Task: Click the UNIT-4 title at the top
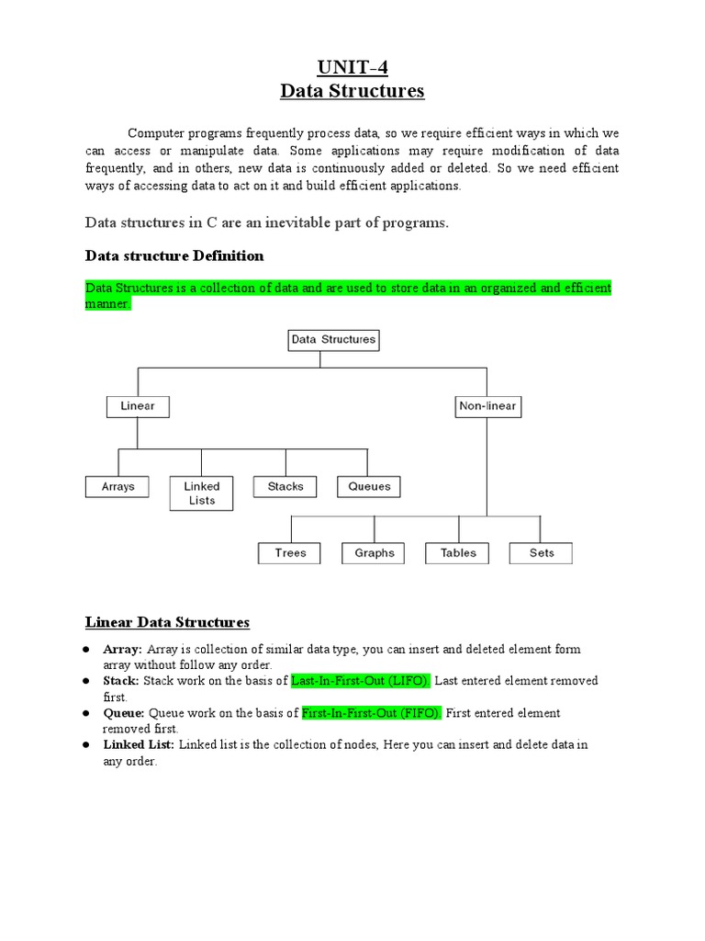(352, 67)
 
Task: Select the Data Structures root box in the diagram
(333, 340)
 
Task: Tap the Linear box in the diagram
(138, 405)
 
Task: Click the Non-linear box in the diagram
(487, 405)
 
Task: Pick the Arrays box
(117, 487)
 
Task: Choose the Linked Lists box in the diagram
(202, 493)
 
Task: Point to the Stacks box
(285, 486)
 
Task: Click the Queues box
(369, 487)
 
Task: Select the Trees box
(291, 553)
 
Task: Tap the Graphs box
(374, 553)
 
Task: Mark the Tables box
(457, 553)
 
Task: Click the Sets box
(542, 553)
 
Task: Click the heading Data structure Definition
(174, 255)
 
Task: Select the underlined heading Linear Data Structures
(167, 622)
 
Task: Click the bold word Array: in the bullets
(122, 649)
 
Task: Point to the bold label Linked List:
(139, 744)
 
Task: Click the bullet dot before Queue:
(84, 713)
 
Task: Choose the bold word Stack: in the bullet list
(121, 681)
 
